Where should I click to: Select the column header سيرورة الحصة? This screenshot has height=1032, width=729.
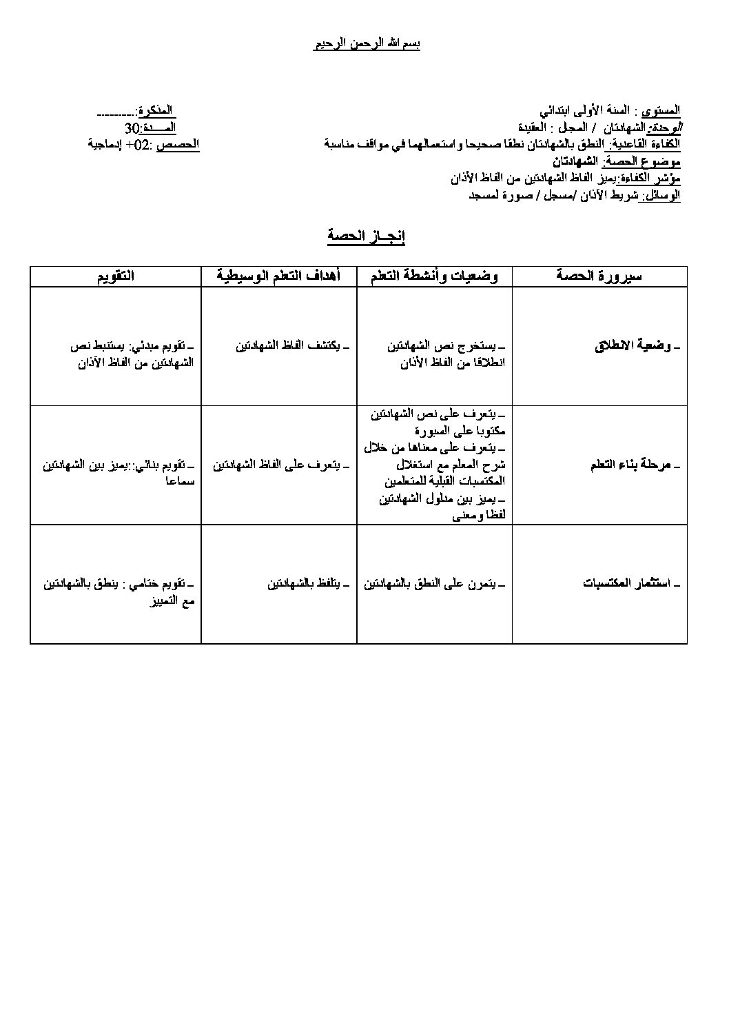(599, 276)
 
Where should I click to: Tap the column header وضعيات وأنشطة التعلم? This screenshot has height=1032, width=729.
(434, 276)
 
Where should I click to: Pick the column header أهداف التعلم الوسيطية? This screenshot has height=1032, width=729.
(278, 276)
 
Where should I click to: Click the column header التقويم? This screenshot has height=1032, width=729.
(115, 276)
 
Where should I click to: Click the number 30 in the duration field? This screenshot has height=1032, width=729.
(132, 128)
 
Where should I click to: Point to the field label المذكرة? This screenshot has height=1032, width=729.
(156, 111)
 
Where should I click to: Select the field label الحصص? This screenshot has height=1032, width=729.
(178, 145)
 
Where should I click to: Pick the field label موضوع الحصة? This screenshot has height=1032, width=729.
(642, 162)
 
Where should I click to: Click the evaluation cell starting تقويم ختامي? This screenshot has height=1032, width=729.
(119, 591)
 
